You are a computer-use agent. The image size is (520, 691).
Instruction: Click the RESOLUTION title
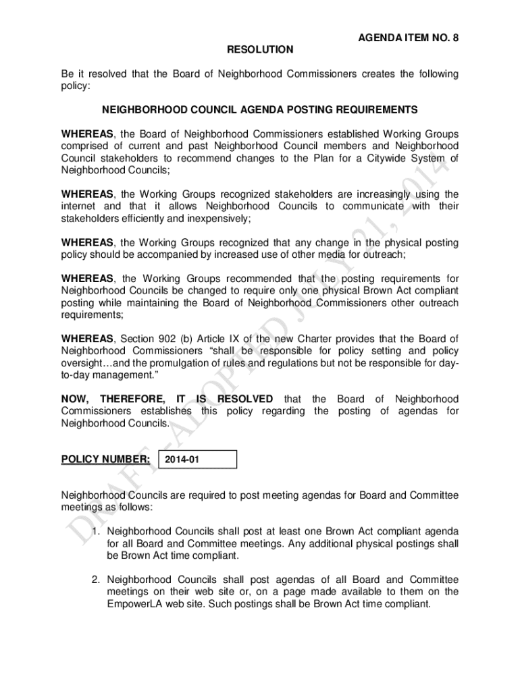click(x=260, y=49)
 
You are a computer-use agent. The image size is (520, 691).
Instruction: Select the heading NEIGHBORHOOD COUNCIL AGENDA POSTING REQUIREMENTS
click(x=260, y=109)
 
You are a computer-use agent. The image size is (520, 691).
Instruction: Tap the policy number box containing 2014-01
click(x=197, y=460)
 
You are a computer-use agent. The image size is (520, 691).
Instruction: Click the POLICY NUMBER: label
click(x=105, y=460)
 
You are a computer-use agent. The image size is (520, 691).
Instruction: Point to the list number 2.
click(x=97, y=580)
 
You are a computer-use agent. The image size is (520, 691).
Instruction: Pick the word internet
click(x=80, y=206)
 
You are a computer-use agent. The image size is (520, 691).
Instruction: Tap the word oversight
click(x=82, y=362)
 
